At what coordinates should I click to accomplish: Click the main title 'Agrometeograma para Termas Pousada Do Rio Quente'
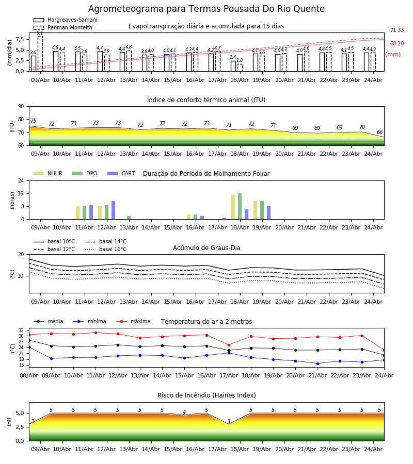(x=206, y=9)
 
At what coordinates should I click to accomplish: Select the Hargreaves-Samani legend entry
(x=66, y=20)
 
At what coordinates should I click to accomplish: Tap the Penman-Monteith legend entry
(x=63, y=27)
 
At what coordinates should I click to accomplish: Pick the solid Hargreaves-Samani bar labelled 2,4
(x=233, y=66)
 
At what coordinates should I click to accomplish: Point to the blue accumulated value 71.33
(x=397, y=30)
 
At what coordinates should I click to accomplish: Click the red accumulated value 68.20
(x=397, y=43)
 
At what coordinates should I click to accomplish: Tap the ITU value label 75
(x=33, y=121)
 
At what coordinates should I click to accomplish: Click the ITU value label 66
(x=379, y=132)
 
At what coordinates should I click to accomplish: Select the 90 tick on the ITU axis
(x=21, y=107)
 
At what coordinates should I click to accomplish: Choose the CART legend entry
(x=121, y=173)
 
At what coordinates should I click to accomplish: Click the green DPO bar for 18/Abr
(x=240, y=206)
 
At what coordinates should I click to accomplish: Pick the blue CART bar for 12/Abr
(x=113, y=210)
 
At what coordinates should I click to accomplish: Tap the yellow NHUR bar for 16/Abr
(x=189, y=217)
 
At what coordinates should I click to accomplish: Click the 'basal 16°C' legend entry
(x=106, y=249)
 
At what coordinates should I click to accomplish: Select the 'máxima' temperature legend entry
(x=133, y=321)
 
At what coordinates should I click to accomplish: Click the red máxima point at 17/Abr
(x=229, y=345)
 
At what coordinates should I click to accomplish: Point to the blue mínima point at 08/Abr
(x=29, y=347)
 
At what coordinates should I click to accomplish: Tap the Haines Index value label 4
(x=184, y=412)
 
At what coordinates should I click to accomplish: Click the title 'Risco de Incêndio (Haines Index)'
(x=206, y=395)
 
